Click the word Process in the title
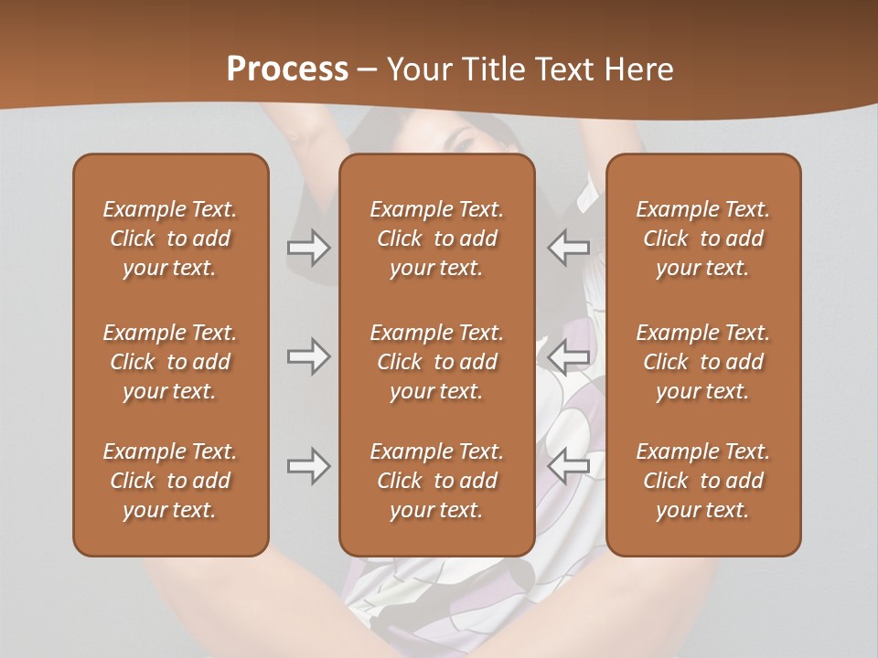coord(287,69)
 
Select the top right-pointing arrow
coord(309,248)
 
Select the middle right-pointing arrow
coord(309,356)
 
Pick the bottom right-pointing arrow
coord(309,466)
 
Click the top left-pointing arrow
coord(569,248)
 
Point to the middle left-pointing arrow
coord(569,356)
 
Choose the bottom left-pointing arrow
coord(569,466)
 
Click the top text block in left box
coord(170,239)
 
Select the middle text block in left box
coord(170,362)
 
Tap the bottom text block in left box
coord(170,481)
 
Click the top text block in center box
coord(436,239)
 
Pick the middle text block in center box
coord(436,362)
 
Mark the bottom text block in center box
coord(436,481)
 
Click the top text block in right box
coord(702,239)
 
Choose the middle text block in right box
coord(702,362)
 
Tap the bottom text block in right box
coord(702,481)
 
